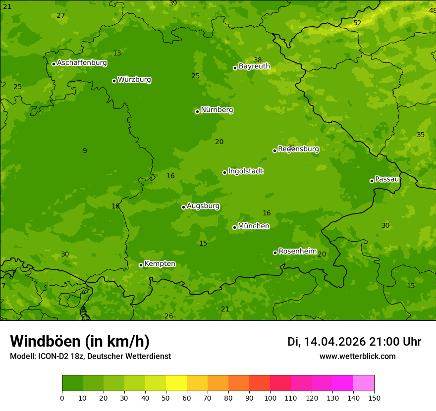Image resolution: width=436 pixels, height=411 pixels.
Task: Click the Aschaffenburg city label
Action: pos(82,63)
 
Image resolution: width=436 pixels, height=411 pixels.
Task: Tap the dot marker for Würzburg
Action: pos(114,81)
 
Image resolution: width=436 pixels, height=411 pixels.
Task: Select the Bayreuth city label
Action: pos(254,66)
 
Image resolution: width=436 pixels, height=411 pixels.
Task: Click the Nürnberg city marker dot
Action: pos(197,111)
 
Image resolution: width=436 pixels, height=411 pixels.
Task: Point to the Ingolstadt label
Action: pos(245,171)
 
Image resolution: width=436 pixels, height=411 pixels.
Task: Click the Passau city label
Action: pos(387,179)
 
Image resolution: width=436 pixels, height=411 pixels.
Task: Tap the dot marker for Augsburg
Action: pos(183,207)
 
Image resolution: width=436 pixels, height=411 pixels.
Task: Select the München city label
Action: pos(254,226)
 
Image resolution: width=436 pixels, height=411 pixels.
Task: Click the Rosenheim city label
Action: pos(297,252)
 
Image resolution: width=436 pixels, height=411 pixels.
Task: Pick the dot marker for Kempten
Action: pos(141,265)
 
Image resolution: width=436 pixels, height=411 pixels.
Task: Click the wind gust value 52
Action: pos(357,23)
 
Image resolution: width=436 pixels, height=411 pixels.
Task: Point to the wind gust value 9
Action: pos(85,151)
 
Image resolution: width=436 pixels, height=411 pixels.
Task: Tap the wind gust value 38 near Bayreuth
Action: pos(258,60)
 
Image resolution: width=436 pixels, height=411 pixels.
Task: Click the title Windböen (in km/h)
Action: pos(80,341)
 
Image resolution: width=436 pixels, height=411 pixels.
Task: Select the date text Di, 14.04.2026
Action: pos(327,342)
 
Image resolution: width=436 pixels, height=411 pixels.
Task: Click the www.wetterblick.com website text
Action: pos(357,357)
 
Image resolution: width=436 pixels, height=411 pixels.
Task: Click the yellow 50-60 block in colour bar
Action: pos(176,383)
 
